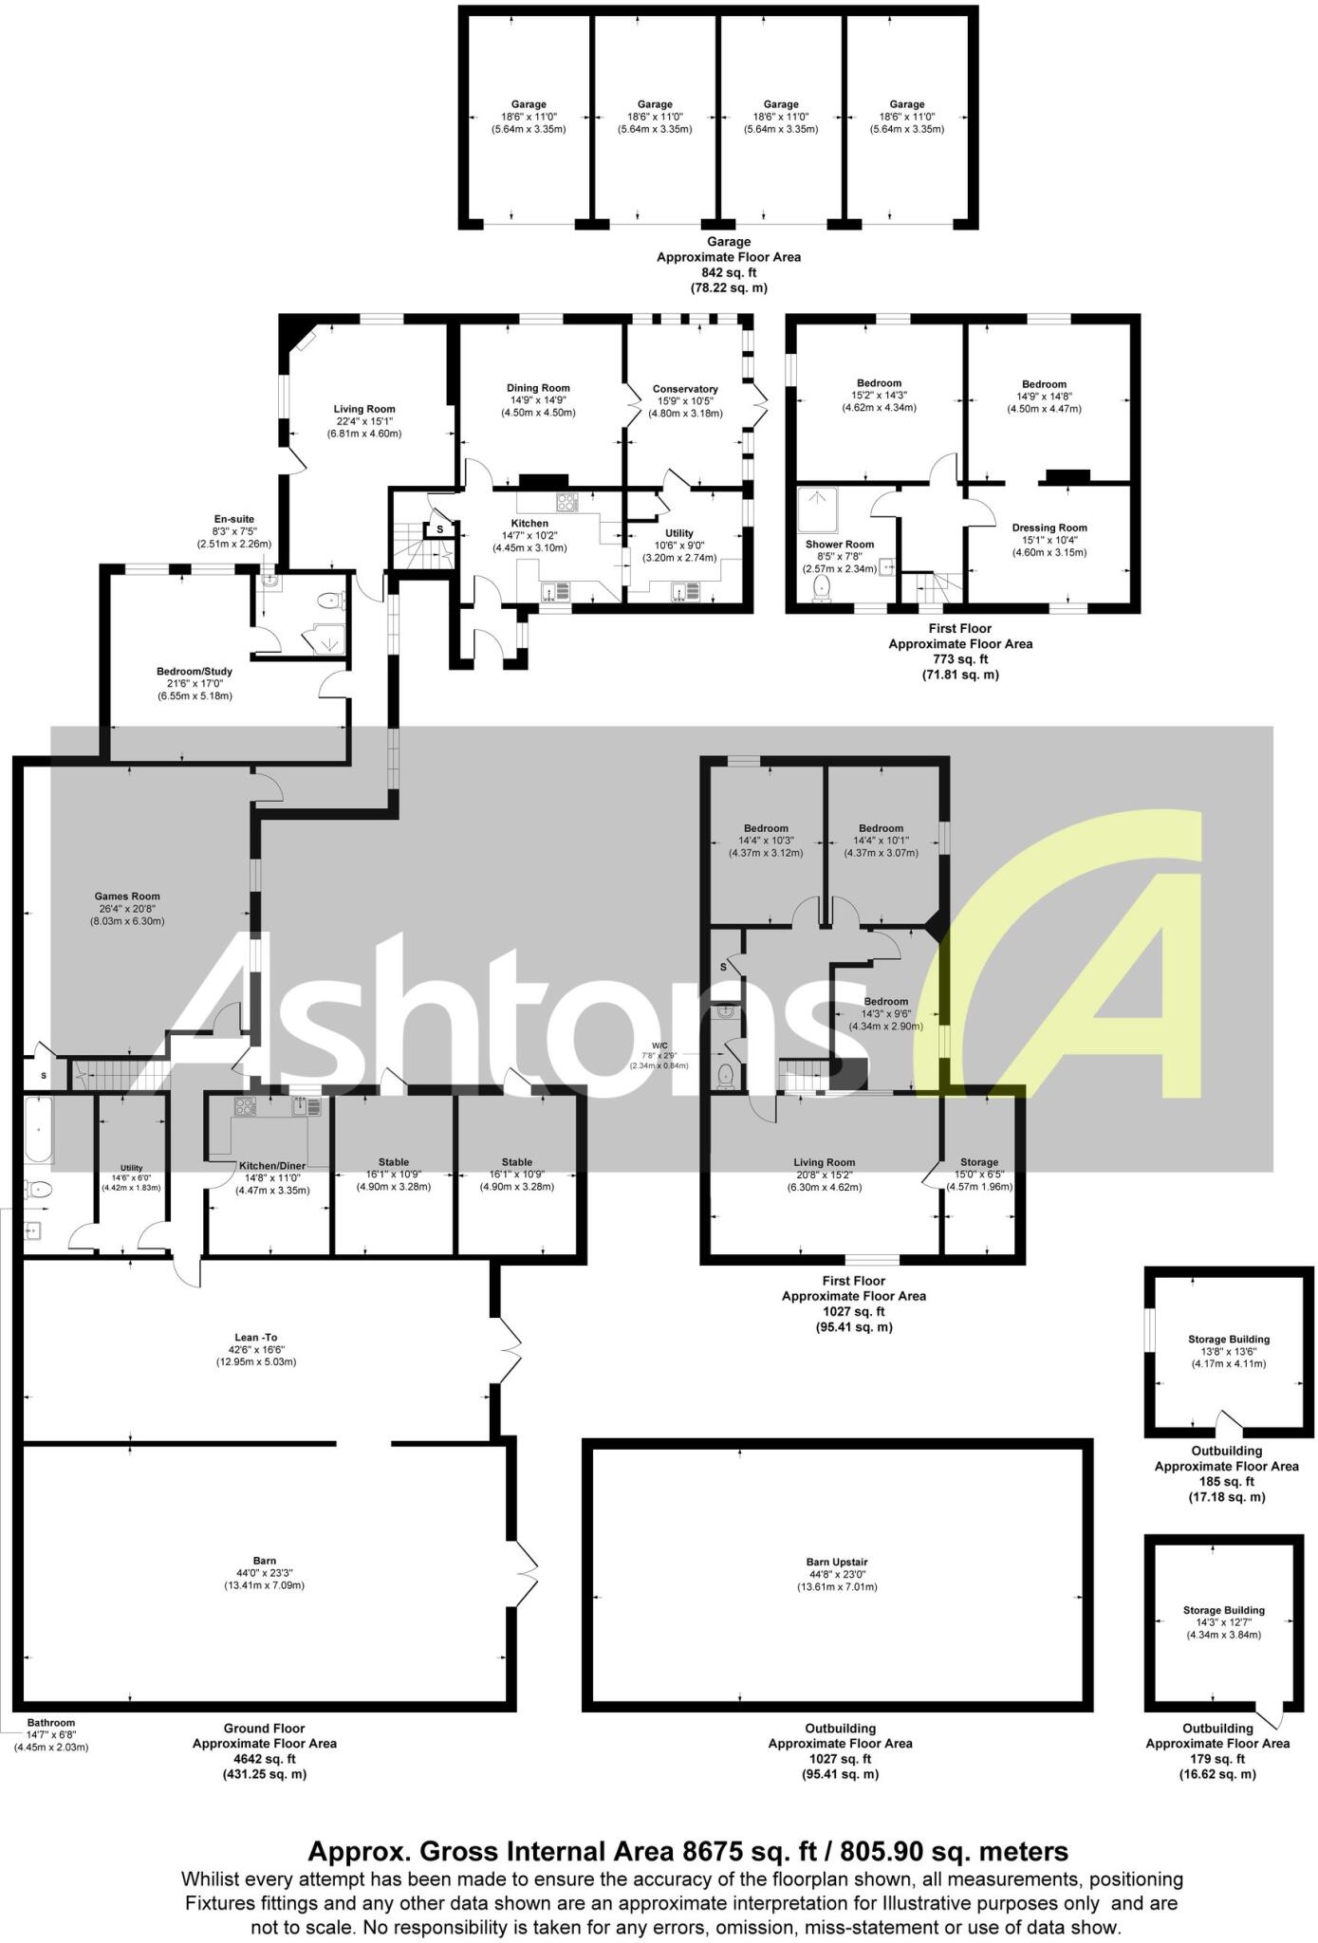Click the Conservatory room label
pos(684,389)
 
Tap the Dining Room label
pos(538,388)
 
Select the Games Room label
pos(127,897)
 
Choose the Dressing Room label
pos(1049,528)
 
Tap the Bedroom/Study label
pos(194,672)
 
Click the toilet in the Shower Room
pos(822,588)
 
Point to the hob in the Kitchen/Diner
pos(244,1106)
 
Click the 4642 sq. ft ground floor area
pos(264,1758)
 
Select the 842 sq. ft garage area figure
pos(728,272)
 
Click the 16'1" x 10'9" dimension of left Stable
pos(393,1175)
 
